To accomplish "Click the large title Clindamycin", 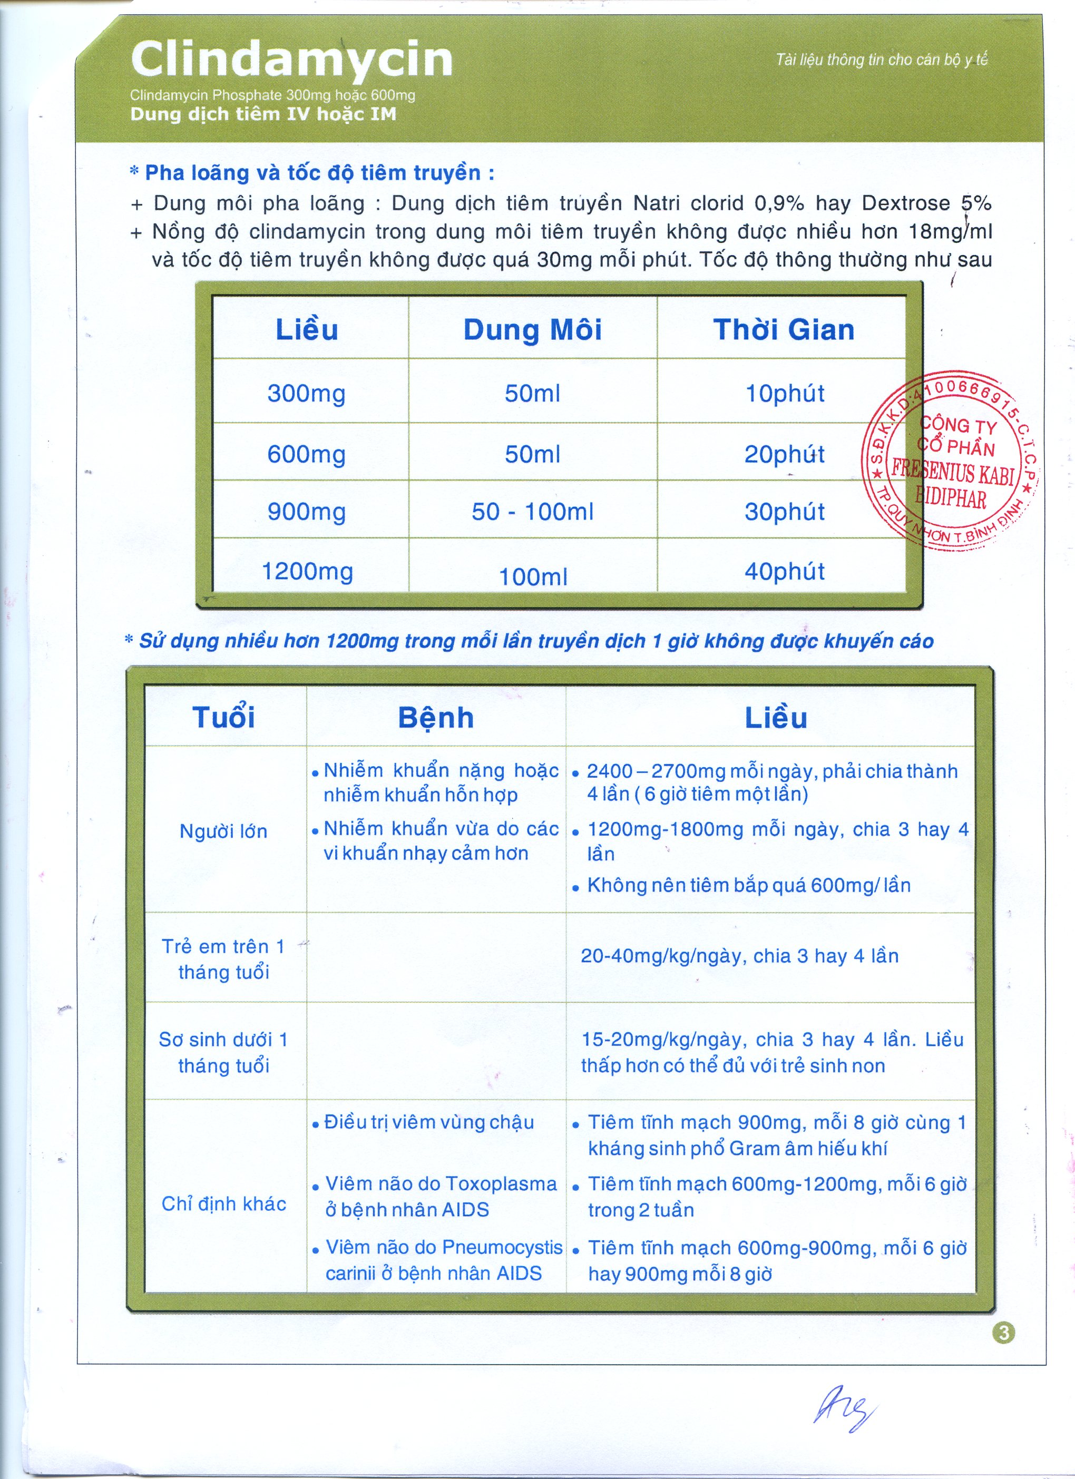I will [291, 60].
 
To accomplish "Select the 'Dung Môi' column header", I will [532, 330].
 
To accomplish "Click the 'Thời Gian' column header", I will [784, 330].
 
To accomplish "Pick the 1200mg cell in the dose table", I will [307, 572].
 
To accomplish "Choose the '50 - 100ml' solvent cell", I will [532, 512].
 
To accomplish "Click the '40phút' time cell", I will [785, 572].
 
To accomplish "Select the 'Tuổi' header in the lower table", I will [224, 717].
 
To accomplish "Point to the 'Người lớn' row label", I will [224, 831].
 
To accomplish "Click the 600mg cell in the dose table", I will [307, 455].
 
